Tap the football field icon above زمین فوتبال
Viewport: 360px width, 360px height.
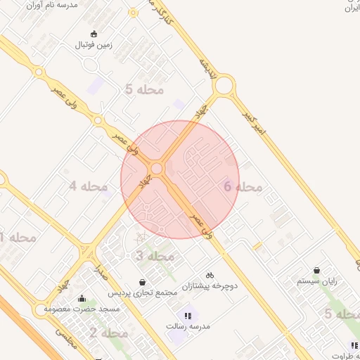click(x=94, y=33)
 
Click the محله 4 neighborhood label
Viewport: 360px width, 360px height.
click(x=88, y=186)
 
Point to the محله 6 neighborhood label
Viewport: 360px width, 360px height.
click(x=243, y=186)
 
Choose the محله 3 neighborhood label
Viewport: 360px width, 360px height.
click(x=155, y=256)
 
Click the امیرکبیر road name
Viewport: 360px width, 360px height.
click(x=257, y=123)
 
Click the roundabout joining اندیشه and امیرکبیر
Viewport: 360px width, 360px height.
click(x=225, y=86)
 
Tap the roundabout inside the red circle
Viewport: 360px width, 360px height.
click(x=157, y=169)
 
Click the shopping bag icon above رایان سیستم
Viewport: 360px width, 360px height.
click(x=317, y=270)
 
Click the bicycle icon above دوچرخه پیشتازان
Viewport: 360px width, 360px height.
click(x=210, y=275)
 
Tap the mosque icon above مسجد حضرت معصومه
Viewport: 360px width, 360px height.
click(x=82, y=298)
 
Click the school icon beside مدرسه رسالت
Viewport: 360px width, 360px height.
click(x=187, y=316)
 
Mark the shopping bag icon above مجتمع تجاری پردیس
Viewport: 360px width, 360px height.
click(x=143, y=282)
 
